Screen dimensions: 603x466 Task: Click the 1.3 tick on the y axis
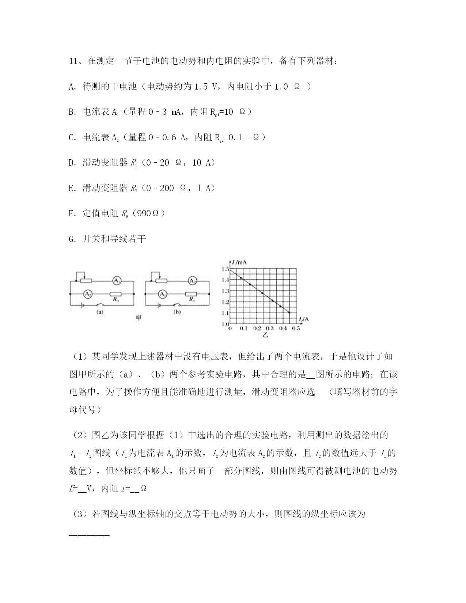(x=225, y=291)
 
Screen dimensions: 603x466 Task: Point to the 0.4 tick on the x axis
(x=283, y=329)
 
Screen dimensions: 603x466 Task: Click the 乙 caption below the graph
(x=265, y=334)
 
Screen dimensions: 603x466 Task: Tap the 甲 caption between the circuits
(x=139, y=318)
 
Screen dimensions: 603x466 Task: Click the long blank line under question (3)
(x=89, y=535)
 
